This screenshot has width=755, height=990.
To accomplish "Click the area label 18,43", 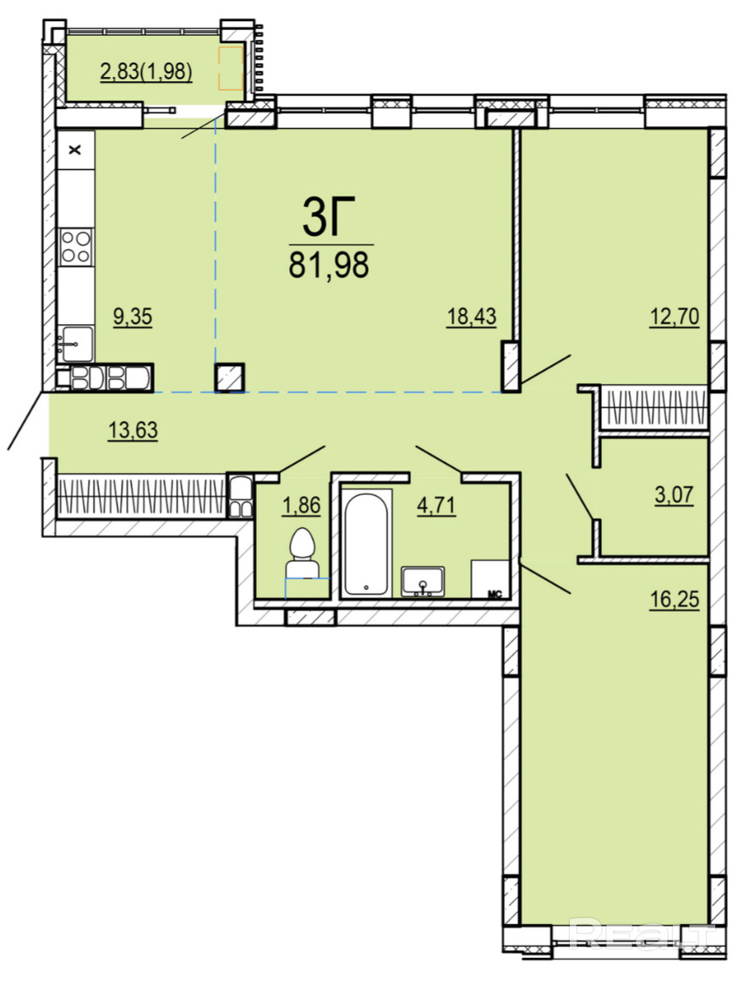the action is pyautogui.click(x=471, y=316).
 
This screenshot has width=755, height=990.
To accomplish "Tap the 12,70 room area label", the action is pyautogui.click(x=675, y=316).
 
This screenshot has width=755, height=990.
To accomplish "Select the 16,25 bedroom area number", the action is pyautogui.click(x=675, y=598).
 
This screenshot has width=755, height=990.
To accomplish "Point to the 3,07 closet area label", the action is pyautogui.click(x=674, y=494).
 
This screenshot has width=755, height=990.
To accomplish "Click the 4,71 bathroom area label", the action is pyautogui.click(x=436, y=506).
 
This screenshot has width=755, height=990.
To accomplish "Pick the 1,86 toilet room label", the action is pyautogui.click(x=302, y=506).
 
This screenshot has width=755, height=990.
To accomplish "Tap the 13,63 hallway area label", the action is pyautogui.click(x=133, y=431).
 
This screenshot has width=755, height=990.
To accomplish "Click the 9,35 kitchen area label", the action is pyautogui.click(x=133, y=316).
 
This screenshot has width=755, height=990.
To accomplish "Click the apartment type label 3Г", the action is pyautogui.click(x=329, y=217).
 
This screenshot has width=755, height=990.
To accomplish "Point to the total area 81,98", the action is pyautogui.click(x=329, y=265).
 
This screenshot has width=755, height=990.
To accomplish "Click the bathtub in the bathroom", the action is pyautogui.click(x=366, y=543).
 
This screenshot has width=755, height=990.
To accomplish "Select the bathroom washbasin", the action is pyautogui.click(x=423, y=580).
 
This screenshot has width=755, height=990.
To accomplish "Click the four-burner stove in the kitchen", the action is pyautogui.click(x=76, y=246).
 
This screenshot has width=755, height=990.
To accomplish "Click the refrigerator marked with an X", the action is pyautogui.click(x=76, y=151).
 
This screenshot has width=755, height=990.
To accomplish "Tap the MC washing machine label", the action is pyautogui.click(x=495, y=593).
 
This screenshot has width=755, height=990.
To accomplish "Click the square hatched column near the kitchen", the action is pyautogui.click(x=230, y=377).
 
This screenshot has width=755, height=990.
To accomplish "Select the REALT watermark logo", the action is pyautogui.click(x=642, y=934).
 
